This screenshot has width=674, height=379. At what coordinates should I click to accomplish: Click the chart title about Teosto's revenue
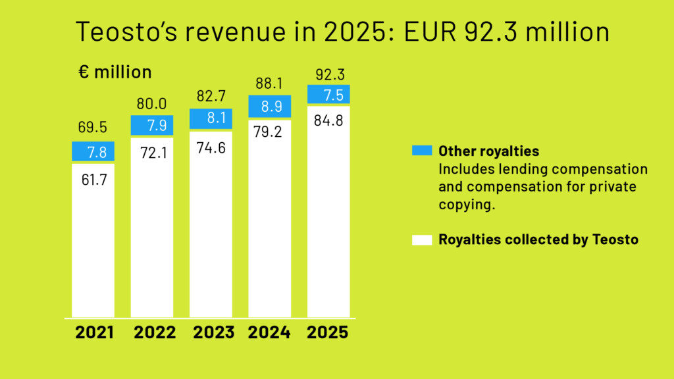pyautogui.click(x=342, y=32)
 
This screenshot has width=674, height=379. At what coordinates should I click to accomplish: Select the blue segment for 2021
pyautogui.click(x=93, y=151)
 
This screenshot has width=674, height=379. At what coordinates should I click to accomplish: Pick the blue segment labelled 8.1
pyautogui.click(x=211, y=118)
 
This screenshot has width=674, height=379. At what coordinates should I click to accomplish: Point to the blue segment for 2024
pyautogui.click(x=269, y=106)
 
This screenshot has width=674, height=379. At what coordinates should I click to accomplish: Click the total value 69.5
pyautogui.click(x=93, y=127)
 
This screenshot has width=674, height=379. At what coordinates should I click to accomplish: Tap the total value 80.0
pyautogui.click(x=151, y=103)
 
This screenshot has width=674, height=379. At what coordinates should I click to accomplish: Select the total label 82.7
pyautogui.click(x=211, y=97)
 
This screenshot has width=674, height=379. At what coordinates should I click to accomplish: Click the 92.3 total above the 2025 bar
pyautogui.click(x=328, y=73)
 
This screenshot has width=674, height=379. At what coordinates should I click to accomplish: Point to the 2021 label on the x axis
pyautogui.click(x=94, y=333)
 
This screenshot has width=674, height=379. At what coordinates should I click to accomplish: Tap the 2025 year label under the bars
pyautogui.click(x=327, y=333)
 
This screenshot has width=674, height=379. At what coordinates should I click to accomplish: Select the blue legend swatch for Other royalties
pyautogui.click(x=421, y=151)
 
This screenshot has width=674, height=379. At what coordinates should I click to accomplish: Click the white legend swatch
pyautogui.click(x=421, y=240)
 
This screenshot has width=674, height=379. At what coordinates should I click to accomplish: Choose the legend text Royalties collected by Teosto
pyautogui.click(x=538, y=240)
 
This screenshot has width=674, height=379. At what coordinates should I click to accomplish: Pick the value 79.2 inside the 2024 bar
pyautogui.click(x=269, y=132)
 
